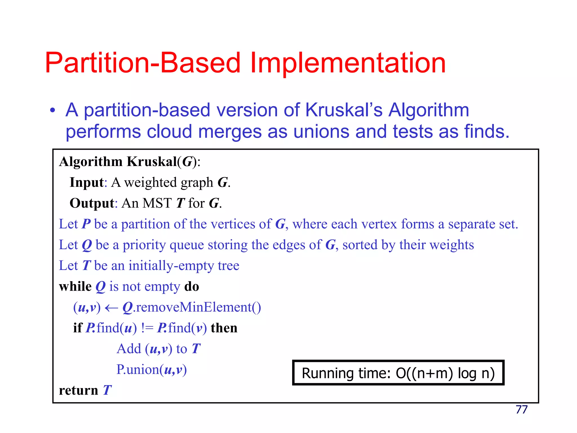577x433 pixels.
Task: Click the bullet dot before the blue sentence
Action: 52,111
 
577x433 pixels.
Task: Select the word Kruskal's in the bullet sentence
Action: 344,110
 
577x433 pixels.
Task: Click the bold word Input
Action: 87,182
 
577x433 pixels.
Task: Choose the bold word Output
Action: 92,203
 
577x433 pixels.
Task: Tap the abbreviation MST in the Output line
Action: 157,203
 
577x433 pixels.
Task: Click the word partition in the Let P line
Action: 145,224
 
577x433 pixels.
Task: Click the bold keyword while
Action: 75,287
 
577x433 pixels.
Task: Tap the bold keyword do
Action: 192,287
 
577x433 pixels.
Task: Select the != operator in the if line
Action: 147,328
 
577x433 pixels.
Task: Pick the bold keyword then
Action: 224,328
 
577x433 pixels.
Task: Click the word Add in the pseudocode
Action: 129,349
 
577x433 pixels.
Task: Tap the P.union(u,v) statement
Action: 152,370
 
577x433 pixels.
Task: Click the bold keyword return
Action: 79,391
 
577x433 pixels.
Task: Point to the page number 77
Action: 521,410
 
